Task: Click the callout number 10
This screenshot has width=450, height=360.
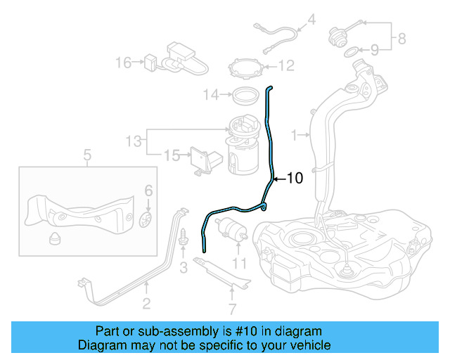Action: [x=295, y=179]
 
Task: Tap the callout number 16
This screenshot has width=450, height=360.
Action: [x=123, y=63]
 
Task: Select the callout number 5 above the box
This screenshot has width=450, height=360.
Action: [x=86, y=155]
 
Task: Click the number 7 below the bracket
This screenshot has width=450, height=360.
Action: [x=232, y=308]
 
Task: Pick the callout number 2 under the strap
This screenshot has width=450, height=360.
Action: [x=146, y=304]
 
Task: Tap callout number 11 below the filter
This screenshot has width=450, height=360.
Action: [x=240, y=264]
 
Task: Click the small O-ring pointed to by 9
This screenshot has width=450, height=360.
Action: [x=350, y=50]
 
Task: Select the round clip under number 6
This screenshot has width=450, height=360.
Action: [x=146, y=219]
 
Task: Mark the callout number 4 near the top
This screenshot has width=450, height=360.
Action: [x=311, y=19]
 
